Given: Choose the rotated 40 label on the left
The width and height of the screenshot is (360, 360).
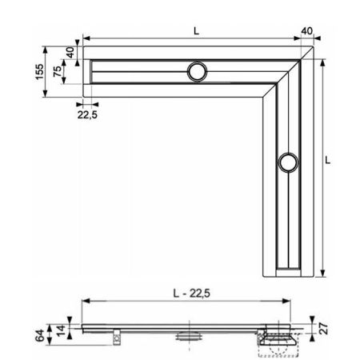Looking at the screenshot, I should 70,50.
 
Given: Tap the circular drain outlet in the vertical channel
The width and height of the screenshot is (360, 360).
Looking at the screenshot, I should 286,165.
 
